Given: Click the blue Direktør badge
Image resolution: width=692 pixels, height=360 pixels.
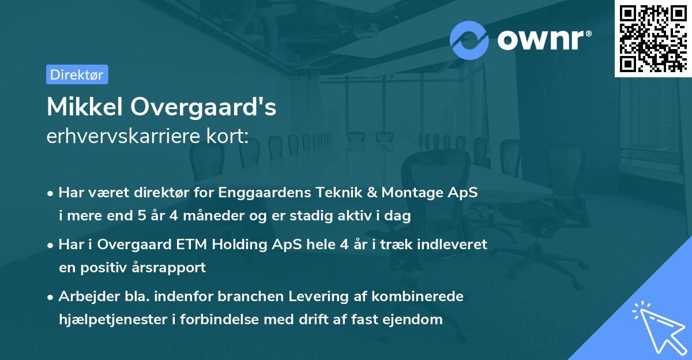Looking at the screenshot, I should [77, 74].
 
